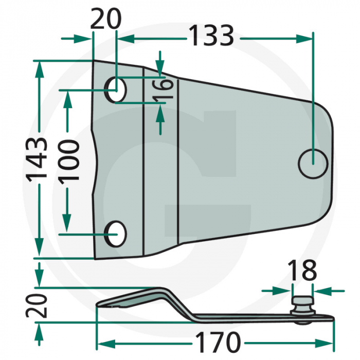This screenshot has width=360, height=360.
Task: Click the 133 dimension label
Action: click(x=211, y=36)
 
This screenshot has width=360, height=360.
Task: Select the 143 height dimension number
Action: click(x=38, y=158)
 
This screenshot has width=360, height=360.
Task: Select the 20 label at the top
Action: click(x=105, y=20)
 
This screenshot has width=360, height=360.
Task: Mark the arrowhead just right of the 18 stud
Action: click(x=319, y=291)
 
